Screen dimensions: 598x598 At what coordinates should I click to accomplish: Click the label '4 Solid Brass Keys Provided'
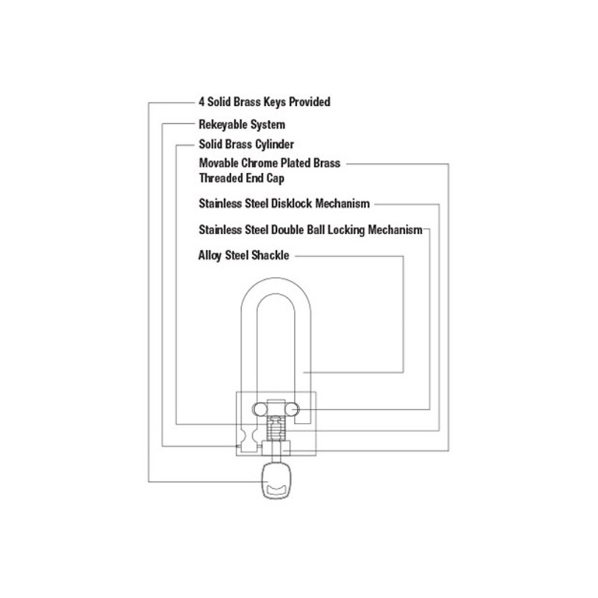point(264,102)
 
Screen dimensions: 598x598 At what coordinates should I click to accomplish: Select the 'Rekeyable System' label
point(242,124)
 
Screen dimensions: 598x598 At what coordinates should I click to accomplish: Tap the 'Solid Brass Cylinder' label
point(246,144)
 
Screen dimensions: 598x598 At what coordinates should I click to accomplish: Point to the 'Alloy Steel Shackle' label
point(244,255)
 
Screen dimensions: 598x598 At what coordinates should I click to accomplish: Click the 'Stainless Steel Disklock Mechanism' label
point(284,204)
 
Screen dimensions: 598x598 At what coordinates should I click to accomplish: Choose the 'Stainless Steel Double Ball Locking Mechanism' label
point(310,230)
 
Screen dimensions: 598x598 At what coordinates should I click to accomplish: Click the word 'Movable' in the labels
point(218,163)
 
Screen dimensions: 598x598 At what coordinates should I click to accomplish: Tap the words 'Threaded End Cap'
point(241,178)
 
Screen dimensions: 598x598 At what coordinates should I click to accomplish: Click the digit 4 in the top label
point(201,102)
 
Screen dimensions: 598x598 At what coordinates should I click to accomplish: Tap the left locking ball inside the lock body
point(258,409)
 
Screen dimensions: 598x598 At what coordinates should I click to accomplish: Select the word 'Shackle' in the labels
point(270,255)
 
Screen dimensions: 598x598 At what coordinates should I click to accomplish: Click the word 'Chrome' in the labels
point(259,163)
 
